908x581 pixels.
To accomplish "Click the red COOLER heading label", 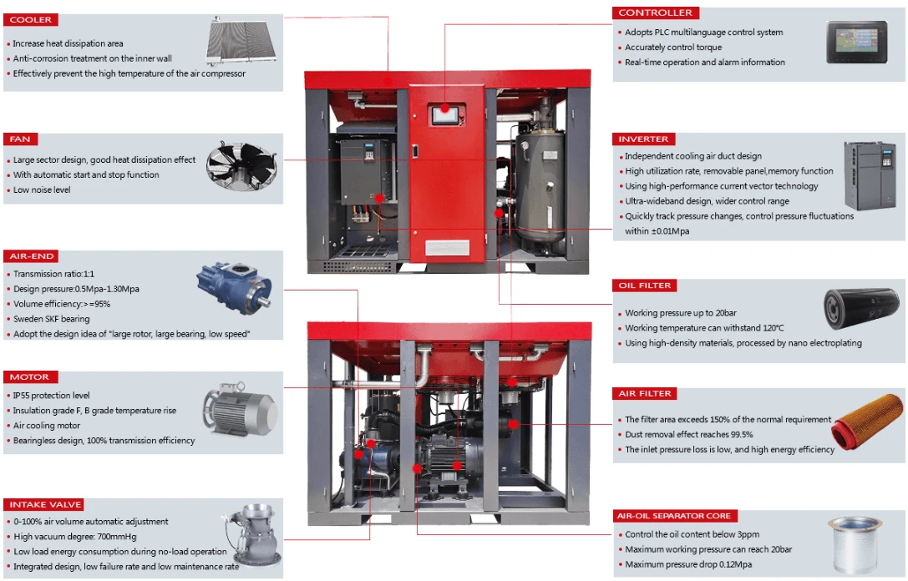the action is [x=30, y=20].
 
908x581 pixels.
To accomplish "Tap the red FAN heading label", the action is [x=20, y=139].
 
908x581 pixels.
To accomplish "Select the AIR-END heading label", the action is [x=31, y=255].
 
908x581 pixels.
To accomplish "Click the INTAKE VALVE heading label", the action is [x=45, y=504].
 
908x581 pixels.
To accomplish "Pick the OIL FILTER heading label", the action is [x=645, y=285].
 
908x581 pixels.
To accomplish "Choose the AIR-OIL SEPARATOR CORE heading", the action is [x=675, y=516].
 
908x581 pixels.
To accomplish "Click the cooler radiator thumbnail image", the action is [x=241, y=41].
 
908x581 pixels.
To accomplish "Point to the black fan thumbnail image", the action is [x=241, y=165].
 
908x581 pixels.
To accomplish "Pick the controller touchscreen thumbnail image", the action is [x=856, y=43].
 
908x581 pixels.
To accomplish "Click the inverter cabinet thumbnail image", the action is [x=870, y=174].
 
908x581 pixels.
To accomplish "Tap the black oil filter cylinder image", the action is [x=862, y=308].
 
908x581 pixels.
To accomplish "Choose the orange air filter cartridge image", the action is [x=867, y=421].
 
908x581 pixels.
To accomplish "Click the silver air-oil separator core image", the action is [x=855, y=544].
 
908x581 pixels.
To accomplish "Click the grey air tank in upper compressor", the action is [x=540, y=184].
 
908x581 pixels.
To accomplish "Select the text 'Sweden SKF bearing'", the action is [x=52, y=319].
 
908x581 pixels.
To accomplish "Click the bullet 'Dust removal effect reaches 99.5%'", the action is [x=689, y=435].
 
